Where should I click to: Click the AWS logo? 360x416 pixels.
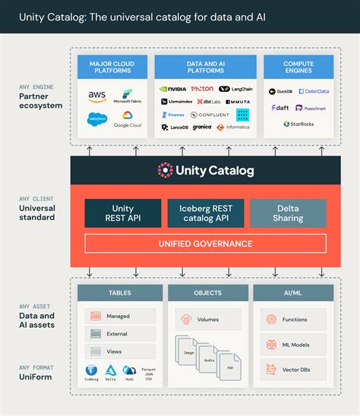click(97, 96)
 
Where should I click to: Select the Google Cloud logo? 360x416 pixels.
click(128, 120)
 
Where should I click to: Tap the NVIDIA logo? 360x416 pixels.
click(172, 89)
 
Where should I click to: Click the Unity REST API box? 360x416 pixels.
click(122, 213)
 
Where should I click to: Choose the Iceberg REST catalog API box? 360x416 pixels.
click(206, 213)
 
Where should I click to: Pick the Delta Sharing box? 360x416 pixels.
click(288, 213)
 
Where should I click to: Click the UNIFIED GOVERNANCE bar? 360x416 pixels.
click(205, 243)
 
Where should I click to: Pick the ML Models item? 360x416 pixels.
click(293, 344)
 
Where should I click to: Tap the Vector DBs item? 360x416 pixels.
click(293, 368)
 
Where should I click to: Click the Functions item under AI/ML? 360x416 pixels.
click(293, 320)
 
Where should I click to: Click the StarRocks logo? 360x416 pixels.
click(298, 124)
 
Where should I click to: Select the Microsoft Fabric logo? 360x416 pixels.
click(127, 96)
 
